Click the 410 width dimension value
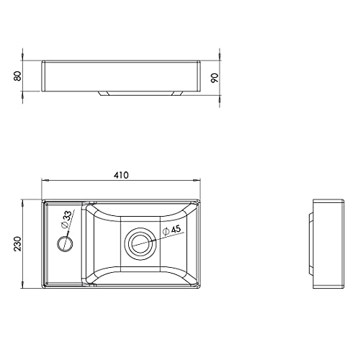(121, 175)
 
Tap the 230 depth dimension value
(17, 244)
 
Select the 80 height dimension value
(17, 76)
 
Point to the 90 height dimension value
(215, 78)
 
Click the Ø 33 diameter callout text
(66, 220)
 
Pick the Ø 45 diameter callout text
(171, 230)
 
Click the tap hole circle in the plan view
(65, 244)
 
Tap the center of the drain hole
(141, 244)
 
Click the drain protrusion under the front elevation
(141, 94)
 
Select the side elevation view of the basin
(327, 244)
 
